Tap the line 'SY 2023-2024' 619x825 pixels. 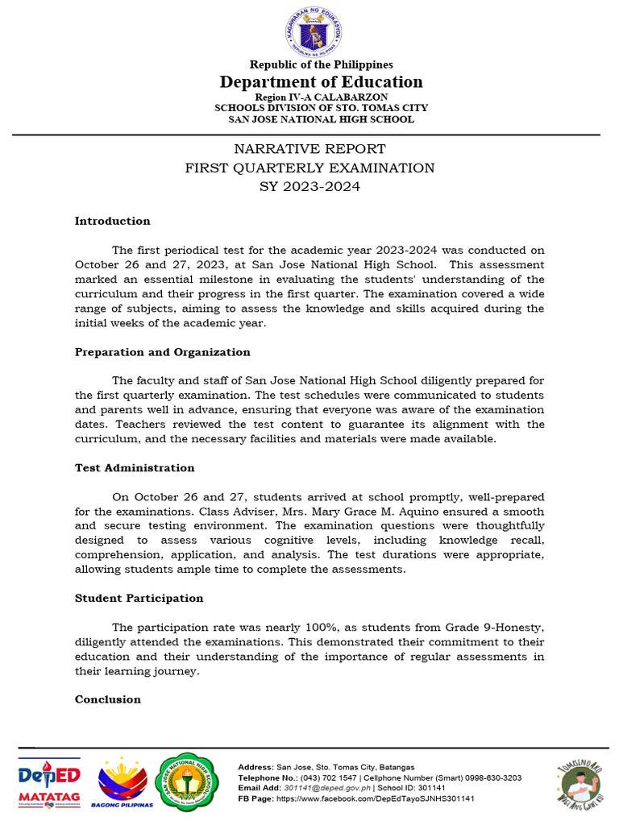coord(309,187)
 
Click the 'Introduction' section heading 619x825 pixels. coord(112,221)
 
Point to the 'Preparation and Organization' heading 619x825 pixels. coord(162,352)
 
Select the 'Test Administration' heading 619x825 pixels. coord(135,467)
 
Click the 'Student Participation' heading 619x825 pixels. coord(139,598)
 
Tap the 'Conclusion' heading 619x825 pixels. coord(108,699)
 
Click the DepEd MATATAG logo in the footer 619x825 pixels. coord(49,781)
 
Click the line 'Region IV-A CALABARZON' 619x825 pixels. coord(310,97)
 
